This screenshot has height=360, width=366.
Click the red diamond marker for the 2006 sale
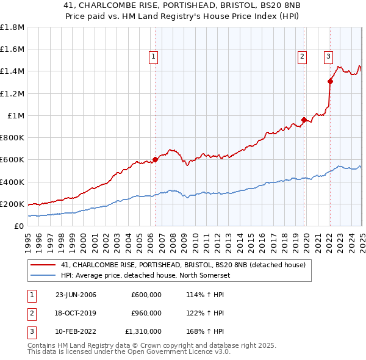155,160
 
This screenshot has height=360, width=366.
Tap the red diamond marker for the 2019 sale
304,120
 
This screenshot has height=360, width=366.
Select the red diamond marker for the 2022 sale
330,81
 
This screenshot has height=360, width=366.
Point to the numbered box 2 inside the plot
302,57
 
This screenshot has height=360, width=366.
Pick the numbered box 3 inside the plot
328,57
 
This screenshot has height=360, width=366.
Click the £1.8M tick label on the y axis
12,27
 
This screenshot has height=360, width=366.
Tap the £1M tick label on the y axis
16,116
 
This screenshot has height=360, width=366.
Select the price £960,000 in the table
146,313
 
